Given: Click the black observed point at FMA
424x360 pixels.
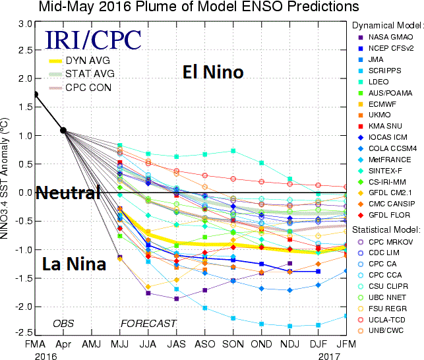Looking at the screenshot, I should (x=35, y=94).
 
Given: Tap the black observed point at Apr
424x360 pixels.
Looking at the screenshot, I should (x=63, y=130).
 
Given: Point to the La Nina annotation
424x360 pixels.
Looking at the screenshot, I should (x=73, y=265).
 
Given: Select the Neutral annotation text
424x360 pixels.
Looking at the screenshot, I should (x=68, y=193).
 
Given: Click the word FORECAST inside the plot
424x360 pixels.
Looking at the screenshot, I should (x=148, y=323).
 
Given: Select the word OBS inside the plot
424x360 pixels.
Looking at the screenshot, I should (x=64, y=323).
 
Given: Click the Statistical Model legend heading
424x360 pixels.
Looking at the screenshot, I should (x=385, y=229).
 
